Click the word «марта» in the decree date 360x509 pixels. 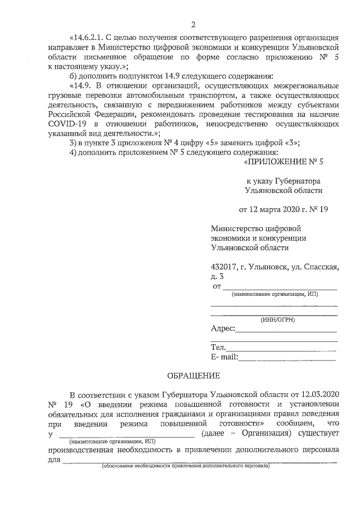tap(269, 210)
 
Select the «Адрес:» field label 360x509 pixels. tap(223, 329)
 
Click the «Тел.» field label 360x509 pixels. tap(218, 348)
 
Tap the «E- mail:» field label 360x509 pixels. tap(225, 357)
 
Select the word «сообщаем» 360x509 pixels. tap(292, 422)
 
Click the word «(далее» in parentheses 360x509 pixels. tap(214, 433)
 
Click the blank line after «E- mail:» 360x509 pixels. tap(288, 358)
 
